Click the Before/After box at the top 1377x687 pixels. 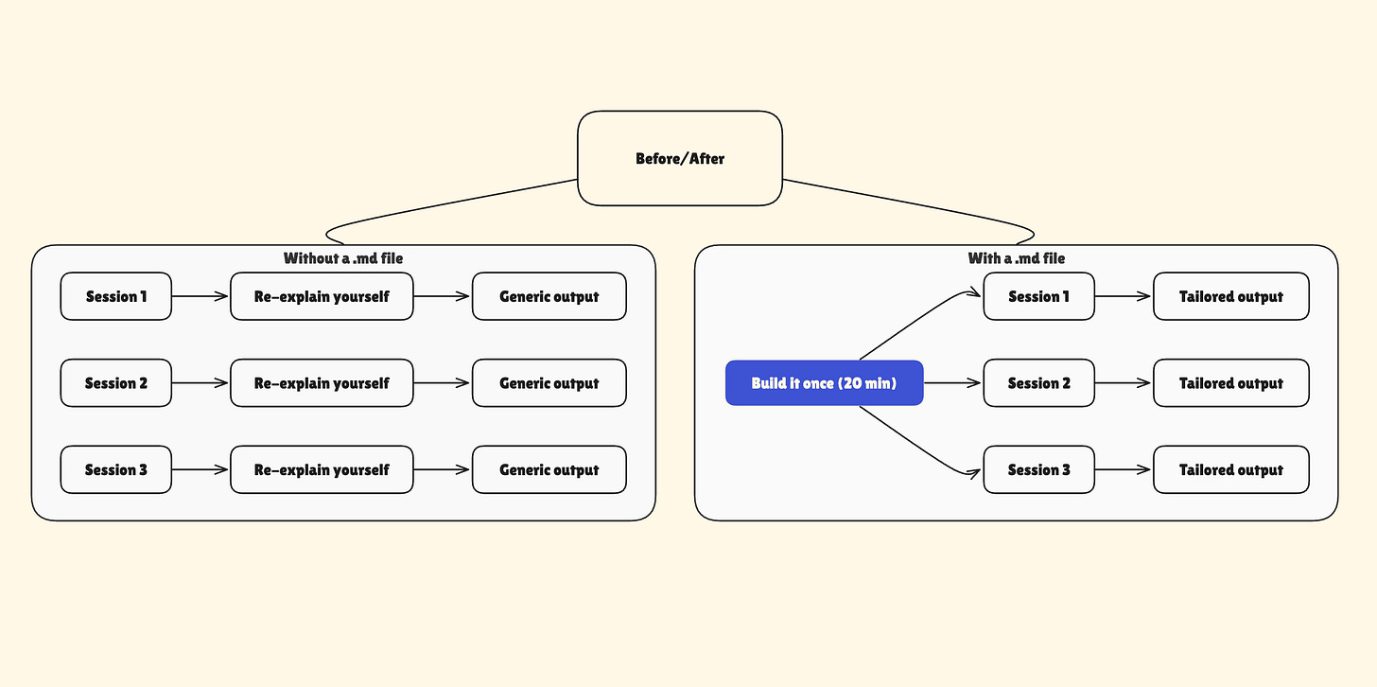(680, 158)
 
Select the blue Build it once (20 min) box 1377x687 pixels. (824, 383)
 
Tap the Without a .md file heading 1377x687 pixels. (343, 258)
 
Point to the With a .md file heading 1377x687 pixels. (1016, 258)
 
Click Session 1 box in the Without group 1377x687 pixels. (116, 296)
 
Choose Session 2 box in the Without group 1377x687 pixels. (116, 383)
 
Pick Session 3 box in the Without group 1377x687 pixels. (116, 469)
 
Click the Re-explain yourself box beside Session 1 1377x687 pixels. (322, 296)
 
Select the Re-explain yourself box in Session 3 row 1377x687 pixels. (322, 469)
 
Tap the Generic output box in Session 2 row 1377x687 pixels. (549, 383)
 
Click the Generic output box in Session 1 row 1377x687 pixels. (549, 296)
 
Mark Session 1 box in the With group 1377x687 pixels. (1038, 296)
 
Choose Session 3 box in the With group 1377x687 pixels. (1038, 469)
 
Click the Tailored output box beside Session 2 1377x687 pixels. (1230, 383)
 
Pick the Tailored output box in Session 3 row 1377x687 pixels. (1230, 469)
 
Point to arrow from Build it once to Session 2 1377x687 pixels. (952, 383)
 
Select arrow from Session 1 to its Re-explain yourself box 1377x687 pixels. (200, 296)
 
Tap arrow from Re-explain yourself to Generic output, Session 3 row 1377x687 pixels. (442, 469)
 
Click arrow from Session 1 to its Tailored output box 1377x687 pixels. (1124, 296)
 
